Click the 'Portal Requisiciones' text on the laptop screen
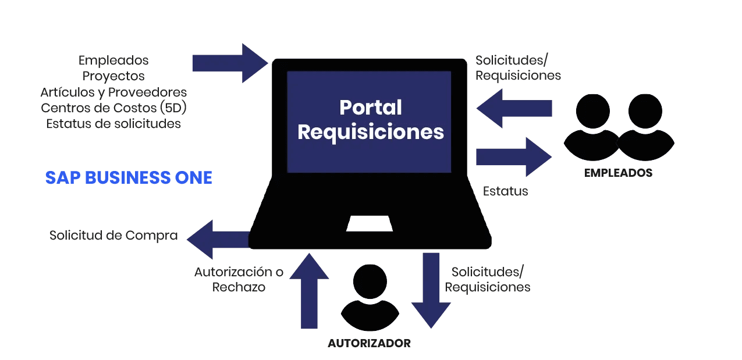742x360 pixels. (370, 120)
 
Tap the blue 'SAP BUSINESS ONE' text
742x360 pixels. (129, 177)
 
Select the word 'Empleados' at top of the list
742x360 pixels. (113, 60)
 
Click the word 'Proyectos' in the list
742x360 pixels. (113, 76)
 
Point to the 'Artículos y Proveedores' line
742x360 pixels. (113, 92)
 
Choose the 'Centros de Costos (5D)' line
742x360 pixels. (113, 108)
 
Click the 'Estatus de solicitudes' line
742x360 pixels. (113, 124)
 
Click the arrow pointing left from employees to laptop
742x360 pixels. (513, 108)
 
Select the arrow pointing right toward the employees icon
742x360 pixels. (514, 157)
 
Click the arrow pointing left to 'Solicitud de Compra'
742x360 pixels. (217, 239)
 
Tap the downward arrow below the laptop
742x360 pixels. (431, 290)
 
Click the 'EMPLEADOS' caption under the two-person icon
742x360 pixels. (618, 173)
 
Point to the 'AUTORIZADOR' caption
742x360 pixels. (369, 343)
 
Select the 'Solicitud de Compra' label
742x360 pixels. (113, 236)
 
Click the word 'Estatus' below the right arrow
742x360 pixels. (505, 191)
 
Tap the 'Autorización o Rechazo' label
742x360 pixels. (239, 279)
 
